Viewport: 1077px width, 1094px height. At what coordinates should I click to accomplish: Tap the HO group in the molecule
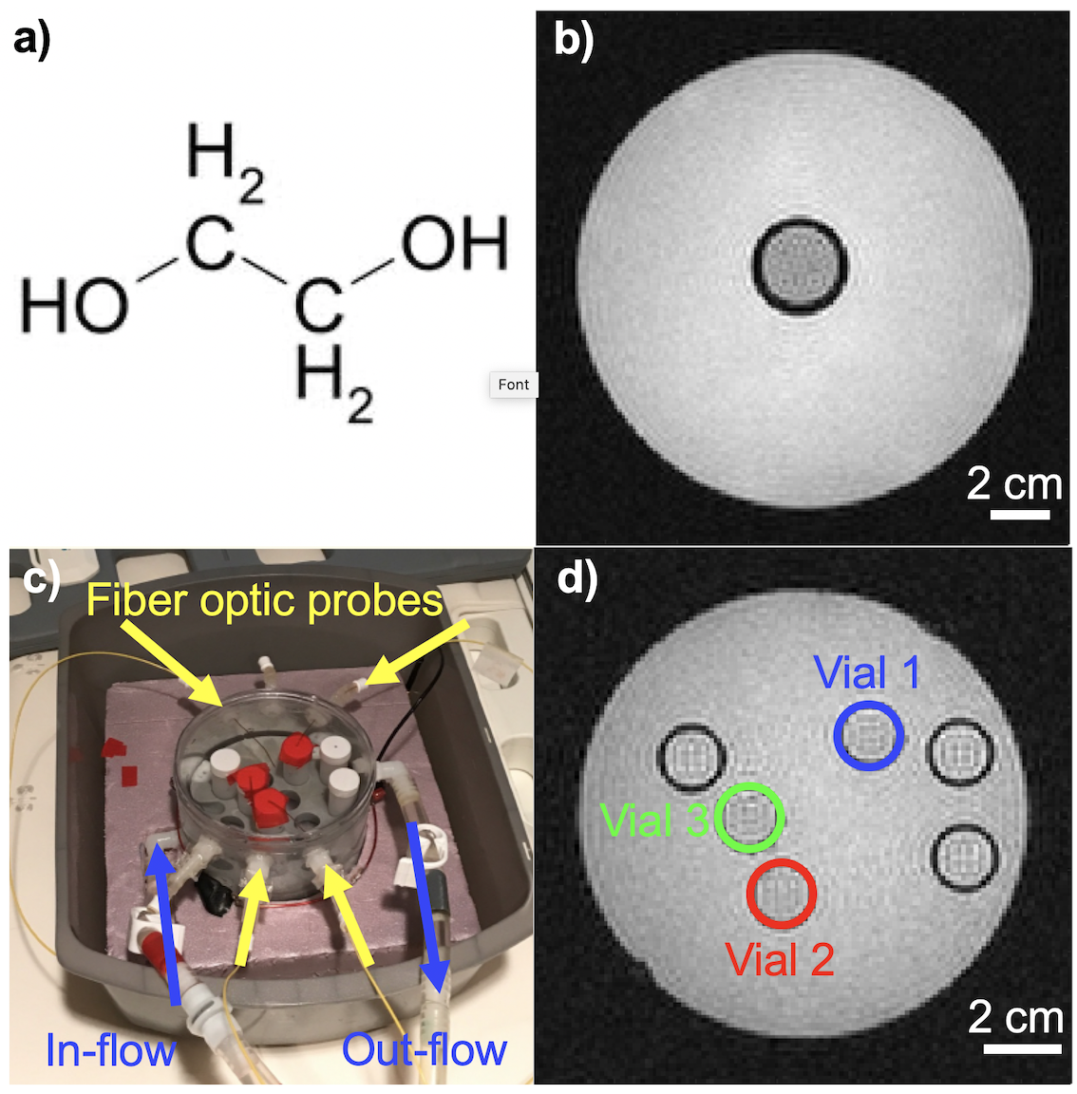point(74,307)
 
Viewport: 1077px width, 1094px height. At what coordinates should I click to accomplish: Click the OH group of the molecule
point(454,244)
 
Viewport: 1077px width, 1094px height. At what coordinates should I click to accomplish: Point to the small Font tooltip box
point(514,385)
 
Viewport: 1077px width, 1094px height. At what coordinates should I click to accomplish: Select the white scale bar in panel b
point(1020,515)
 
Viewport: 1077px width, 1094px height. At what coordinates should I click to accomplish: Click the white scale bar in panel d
point(1022,1048)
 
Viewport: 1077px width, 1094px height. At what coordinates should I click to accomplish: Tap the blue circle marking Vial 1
point(868,735)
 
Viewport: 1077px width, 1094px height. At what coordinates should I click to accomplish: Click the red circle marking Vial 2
point(781,893)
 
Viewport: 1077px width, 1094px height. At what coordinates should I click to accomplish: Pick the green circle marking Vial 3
point(749,817)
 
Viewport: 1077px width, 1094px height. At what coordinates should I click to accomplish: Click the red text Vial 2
point(780,960)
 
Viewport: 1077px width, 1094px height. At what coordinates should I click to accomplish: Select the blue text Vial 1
point(867,673)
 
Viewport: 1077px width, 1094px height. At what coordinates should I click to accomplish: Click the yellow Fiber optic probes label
point(264,600)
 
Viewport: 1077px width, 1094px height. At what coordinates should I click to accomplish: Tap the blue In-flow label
point(110,1050)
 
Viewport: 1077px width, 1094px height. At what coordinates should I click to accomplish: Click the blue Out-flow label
point(424,1050)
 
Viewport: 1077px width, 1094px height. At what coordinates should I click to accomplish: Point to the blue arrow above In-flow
point(166,921)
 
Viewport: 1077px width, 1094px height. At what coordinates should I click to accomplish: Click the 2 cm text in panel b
point(1013,484)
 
